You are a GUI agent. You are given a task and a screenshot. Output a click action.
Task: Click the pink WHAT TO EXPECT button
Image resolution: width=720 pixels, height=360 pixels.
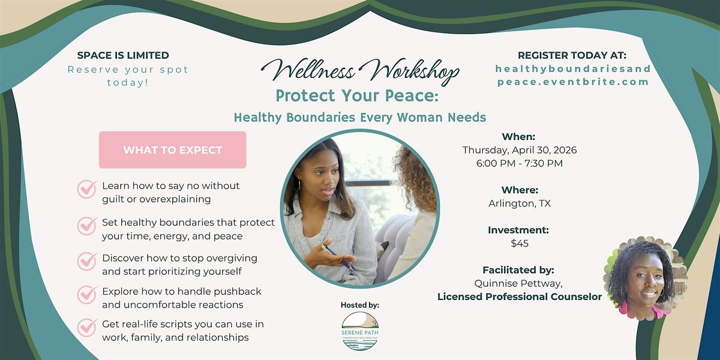point(173,150)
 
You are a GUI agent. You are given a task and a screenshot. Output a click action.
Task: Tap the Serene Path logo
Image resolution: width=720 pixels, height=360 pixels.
point(360,331)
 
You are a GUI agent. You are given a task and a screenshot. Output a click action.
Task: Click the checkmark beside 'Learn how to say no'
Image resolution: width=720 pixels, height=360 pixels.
point(87,189)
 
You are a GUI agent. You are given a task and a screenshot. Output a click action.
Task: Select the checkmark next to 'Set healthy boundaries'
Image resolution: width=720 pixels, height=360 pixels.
point(87,226)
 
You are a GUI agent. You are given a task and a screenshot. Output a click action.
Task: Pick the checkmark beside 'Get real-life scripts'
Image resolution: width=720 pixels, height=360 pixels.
point(87,328)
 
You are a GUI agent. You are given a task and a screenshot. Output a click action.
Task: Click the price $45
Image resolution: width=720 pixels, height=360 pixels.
point(520,244)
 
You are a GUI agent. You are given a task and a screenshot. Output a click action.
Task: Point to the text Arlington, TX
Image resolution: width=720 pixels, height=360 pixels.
point(520,203)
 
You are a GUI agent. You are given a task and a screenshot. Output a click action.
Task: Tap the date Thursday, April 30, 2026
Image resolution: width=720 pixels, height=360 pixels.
point(520,150)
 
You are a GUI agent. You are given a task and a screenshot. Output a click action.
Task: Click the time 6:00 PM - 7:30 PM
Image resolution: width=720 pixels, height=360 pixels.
point(520,163)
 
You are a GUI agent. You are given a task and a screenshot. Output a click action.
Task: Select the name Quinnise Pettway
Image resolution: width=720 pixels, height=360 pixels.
point(517,283)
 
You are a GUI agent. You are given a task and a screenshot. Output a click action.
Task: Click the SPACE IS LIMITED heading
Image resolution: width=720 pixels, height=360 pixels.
point(123,55)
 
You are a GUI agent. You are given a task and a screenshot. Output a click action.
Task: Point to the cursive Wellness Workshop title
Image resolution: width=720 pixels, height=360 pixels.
point(360,71)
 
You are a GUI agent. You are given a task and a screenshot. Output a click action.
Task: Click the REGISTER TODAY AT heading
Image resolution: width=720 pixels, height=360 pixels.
point(572,55)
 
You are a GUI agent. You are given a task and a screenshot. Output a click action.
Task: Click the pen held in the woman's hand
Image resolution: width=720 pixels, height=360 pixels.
point(337,257)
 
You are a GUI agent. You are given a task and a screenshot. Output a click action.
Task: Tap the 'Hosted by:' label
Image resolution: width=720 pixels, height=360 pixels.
point(360,305)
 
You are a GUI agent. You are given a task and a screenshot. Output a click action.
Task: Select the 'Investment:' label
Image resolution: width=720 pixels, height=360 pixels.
point(518,230)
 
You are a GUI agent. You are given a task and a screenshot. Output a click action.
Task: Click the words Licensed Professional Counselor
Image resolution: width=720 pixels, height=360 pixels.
point(520,296)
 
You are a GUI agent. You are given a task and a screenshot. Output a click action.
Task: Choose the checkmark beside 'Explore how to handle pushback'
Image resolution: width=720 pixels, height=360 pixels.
point(87,295)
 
